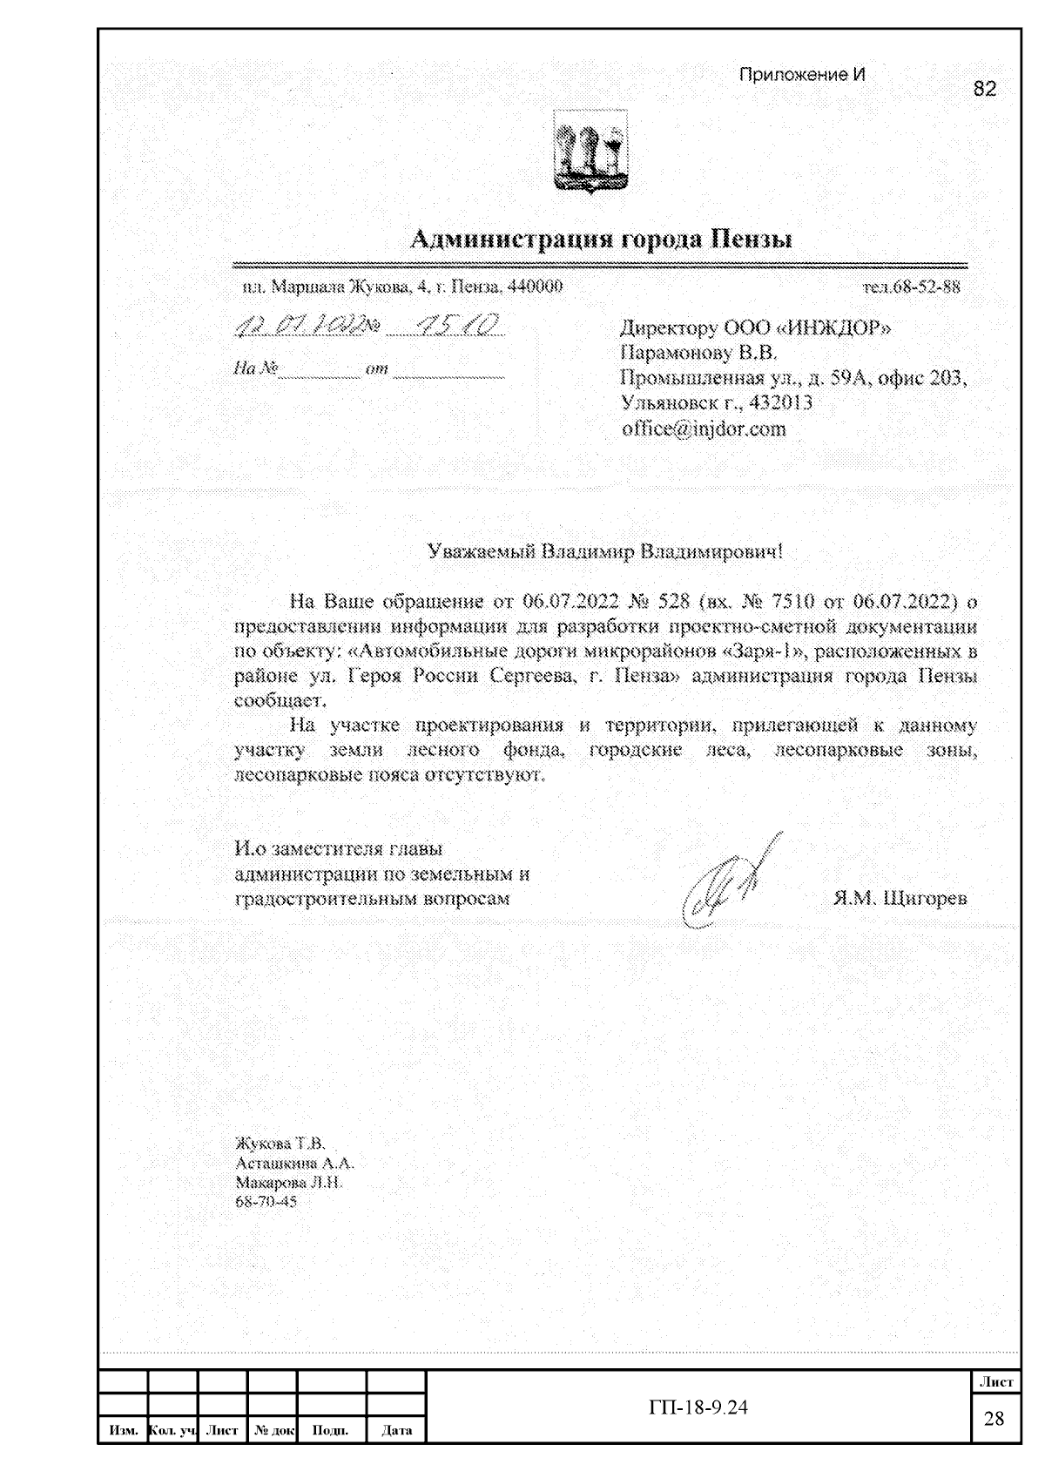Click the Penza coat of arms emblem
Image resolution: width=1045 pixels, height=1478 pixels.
click(x=590, y=153)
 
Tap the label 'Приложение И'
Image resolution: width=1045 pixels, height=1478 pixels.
click(x=802, y=74)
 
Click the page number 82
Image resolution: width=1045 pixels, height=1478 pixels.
click(x=984, y=89)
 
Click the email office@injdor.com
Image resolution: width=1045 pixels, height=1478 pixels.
click(x=704, y=429)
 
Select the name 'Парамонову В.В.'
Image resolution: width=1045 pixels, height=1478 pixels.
click(x=698, y=354)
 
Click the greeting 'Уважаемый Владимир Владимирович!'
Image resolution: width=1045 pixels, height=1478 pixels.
click(x=605, y=552)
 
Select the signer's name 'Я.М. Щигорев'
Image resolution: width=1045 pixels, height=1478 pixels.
click(x=900, y=899)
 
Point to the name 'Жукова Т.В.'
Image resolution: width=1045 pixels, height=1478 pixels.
click(x=280, y=1143)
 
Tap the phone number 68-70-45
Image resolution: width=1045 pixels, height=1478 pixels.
click(x=266, y=1202)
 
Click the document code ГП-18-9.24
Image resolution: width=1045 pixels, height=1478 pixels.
click(x=698, y=1407)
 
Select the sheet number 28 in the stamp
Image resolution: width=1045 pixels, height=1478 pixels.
click(x=994, y=1419)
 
